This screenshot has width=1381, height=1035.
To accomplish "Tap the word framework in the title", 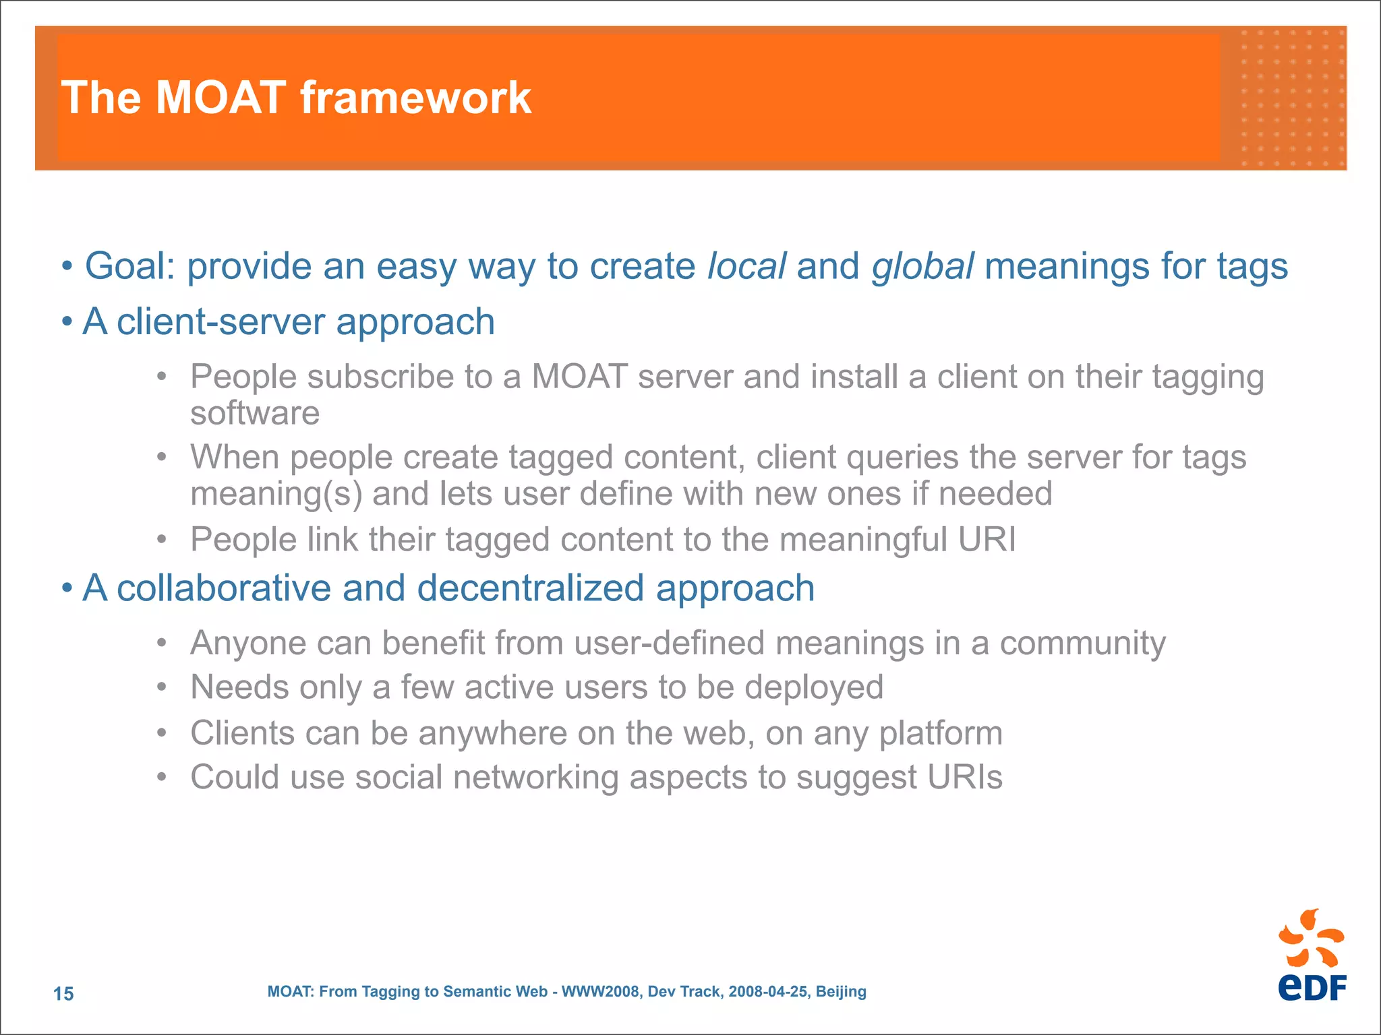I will coord(415,98).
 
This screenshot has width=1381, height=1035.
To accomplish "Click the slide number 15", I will coord(63,993).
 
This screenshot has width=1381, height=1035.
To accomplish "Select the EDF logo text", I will coord(1312,988).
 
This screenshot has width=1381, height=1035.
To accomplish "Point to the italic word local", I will coord(746,266).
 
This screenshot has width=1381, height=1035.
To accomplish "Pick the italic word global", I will coord(922,266).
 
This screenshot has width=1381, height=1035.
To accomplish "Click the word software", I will coord(255,413).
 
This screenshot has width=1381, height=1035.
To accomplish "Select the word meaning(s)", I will coord(276,494).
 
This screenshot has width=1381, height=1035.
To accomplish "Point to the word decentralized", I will coord(531,588).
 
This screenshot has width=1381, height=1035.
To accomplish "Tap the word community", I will coord(1082,644).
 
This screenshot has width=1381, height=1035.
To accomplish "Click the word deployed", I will coord(814,688).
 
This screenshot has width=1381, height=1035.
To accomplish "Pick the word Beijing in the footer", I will coord(841,992).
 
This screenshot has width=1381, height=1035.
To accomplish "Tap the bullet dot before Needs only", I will coord(161,688).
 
